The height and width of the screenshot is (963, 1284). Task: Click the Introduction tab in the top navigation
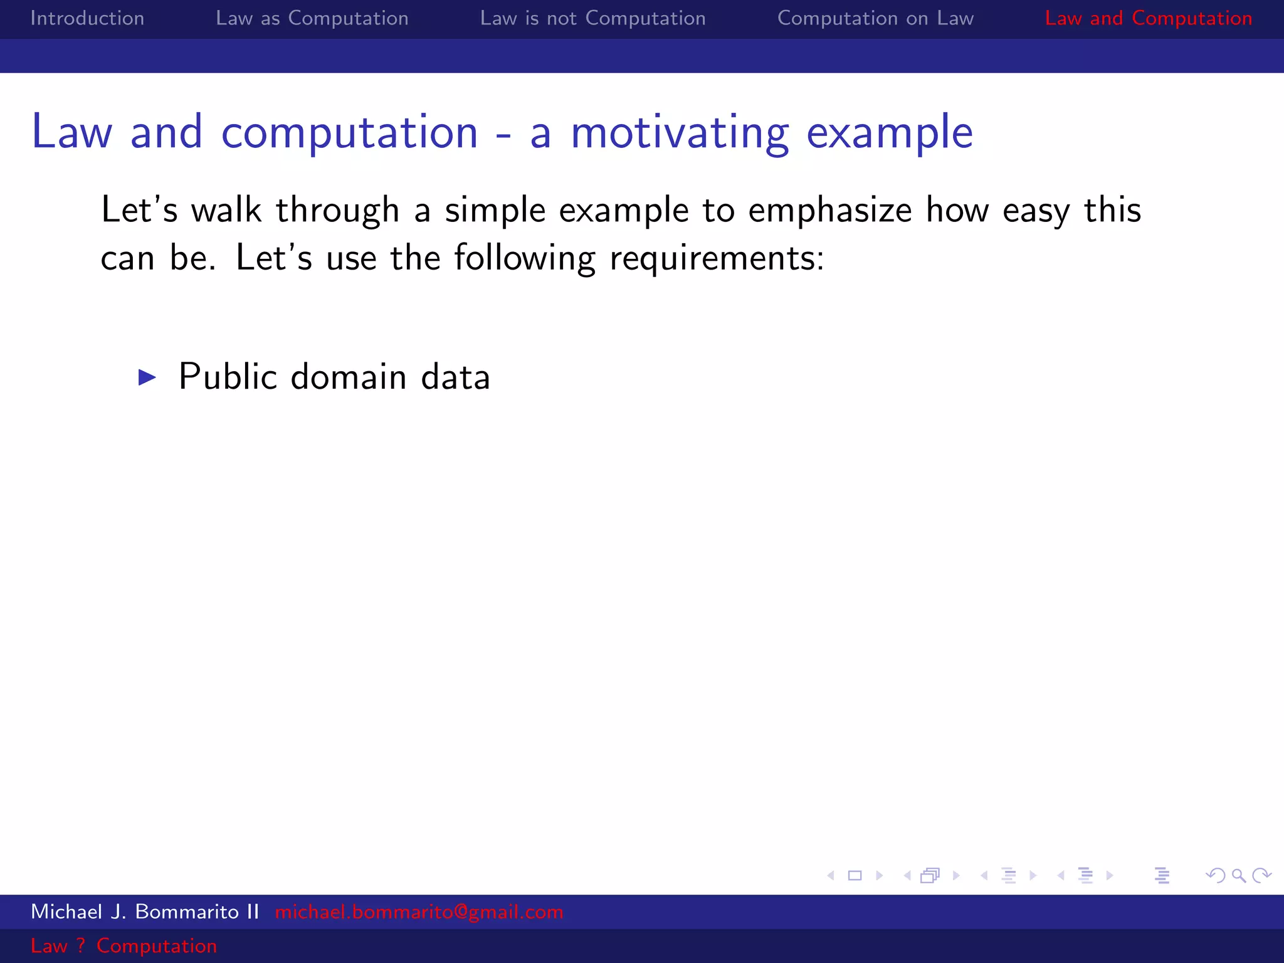pyautogui.click(x=87, y=18)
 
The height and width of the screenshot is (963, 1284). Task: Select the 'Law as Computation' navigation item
pyautogui.click(x=312, y=18)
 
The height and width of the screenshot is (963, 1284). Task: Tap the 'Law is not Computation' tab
pyautogui.click(x=592, y=18)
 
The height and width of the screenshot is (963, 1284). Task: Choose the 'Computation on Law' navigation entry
pyautogui.click(x=875, y=18)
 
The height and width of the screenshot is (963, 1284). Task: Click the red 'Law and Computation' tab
pyautogui.click(x=1148, y=18)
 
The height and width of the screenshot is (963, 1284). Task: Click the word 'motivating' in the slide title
pyautogui.click(x=680, y=133)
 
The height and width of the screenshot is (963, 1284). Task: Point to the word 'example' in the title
pyautogui.click(x=889, y=133)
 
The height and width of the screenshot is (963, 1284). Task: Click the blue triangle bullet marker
pyautogui.click(x=147, y=377)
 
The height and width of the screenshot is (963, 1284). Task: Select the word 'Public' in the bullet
pyautogui.click(x=228, y=377)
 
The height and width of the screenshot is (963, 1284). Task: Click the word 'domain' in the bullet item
pyautogui.click(x=349, y=377)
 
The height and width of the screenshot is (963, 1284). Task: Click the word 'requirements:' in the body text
pyautogui.click(x=717, y=258)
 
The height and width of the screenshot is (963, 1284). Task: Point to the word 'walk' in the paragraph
pyautogui.click(x=226, y=209)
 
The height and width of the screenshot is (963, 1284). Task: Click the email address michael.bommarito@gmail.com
pyautogui.click(x=419, y=912)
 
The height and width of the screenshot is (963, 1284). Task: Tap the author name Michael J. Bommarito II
pyautogui.click(x=145, y=912)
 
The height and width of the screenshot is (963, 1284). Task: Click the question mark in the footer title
pyautogui.click(x=81, y=945)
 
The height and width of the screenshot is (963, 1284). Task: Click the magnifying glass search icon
pyautogui.click(x=1238, y=875)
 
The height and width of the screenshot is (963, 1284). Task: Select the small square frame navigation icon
pyautogui.click(x=855, y=875)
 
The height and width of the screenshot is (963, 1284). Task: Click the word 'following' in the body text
pyautogui.click(x=524, y=258)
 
